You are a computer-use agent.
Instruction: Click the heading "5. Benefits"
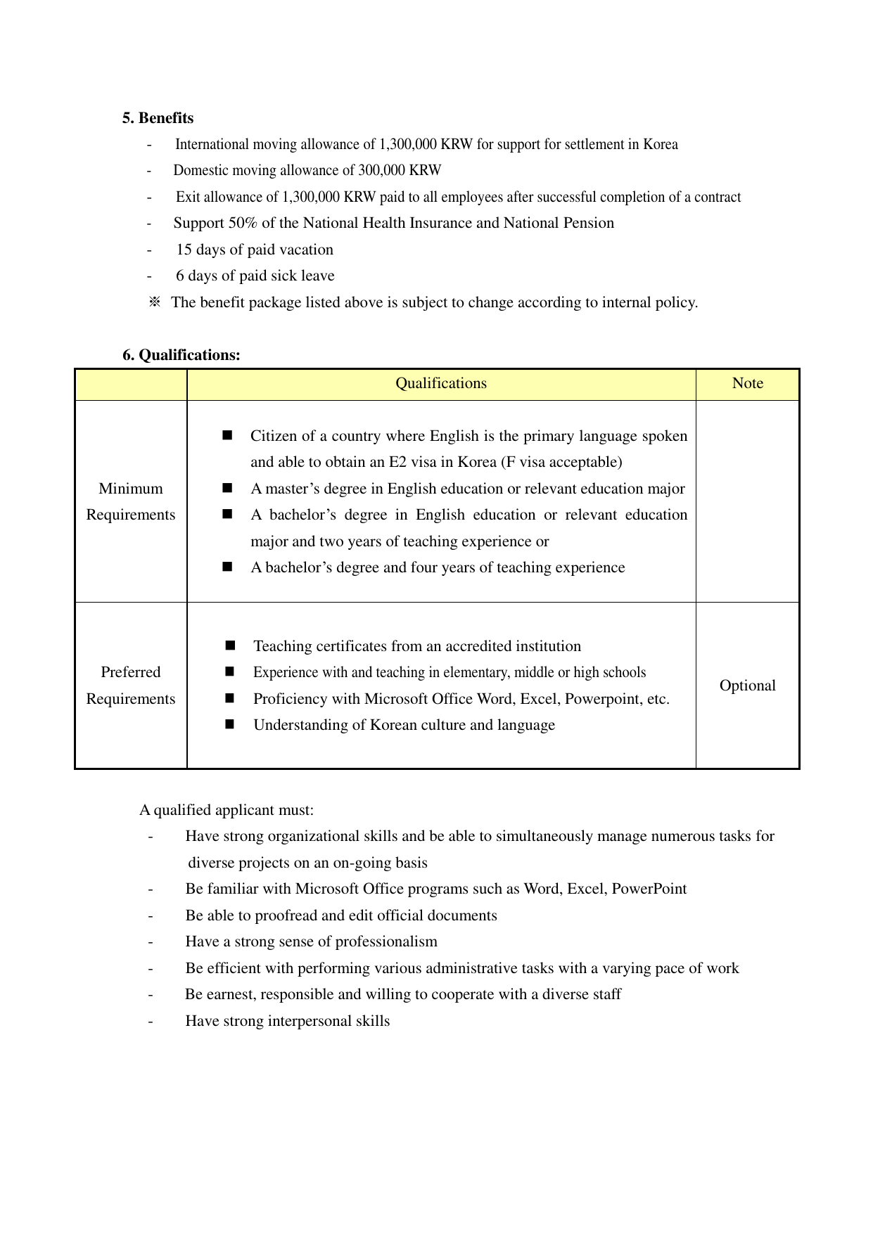(x=158, y=118)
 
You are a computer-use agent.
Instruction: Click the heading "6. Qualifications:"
(x=181, y=355)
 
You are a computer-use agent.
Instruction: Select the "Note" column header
(x=747, y=383)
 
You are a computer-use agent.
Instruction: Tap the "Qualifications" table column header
(x=441, y=383)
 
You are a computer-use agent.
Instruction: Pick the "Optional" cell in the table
(x=747, y=686)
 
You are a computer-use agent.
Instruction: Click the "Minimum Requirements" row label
(x=131, y=501)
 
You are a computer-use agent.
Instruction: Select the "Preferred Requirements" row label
(x=131, y=686)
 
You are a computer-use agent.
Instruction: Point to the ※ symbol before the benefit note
(x=155, y=302)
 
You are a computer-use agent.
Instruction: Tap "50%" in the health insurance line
(x=243, y=223)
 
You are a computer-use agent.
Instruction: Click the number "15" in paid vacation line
(x=184, y=250)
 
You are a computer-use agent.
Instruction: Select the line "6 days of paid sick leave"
(x=255, y=276)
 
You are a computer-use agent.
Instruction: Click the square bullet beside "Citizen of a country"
(x=227, y=435)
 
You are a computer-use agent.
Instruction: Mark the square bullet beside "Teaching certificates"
(x=230, y=645)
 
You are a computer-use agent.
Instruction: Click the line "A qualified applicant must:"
(x=227, y=810)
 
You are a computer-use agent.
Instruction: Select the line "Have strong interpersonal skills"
(x=287, y=1021)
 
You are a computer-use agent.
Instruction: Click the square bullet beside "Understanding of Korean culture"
(x=230, y=724)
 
